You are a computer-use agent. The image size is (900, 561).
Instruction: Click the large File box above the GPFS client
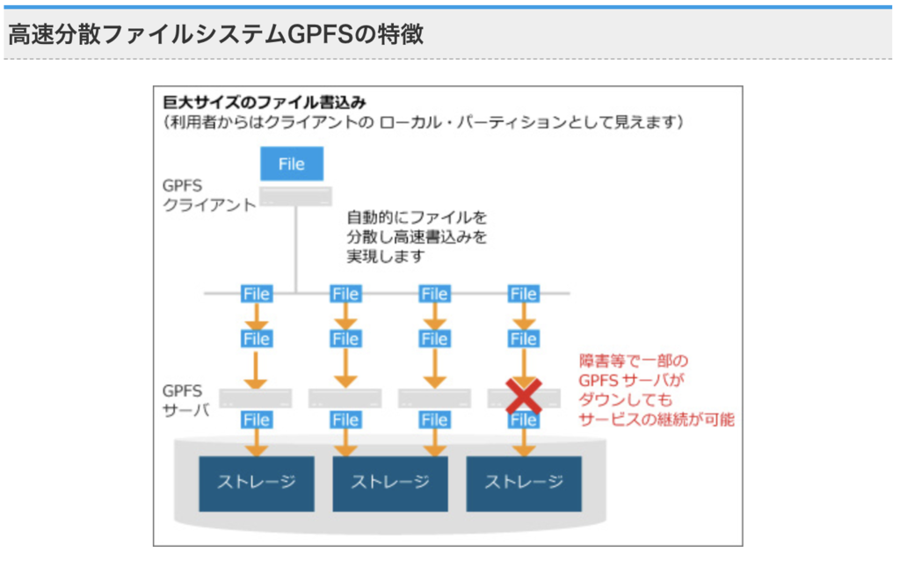click(292, 164)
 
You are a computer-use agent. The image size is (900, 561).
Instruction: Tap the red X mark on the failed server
click(524, 397)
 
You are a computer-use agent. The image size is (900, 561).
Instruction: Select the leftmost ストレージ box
click(257, 483)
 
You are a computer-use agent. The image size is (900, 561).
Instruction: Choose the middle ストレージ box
click(390, 483)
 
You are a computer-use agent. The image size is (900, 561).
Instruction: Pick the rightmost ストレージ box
click(524, 483)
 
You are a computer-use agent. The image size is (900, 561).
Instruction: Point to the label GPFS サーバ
click(185, 400)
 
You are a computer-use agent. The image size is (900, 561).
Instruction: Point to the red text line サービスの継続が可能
click(657, 419)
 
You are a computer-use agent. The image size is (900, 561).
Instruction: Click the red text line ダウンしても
click(626, 400)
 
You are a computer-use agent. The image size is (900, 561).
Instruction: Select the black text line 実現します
click(386, 257)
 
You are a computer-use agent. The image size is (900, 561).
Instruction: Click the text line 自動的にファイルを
click(416, 216)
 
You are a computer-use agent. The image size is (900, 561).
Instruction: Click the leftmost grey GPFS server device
click(256, 398)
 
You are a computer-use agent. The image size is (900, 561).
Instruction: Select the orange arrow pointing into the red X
click(524, 367)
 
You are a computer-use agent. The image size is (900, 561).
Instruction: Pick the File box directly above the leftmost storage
click(257, 420)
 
